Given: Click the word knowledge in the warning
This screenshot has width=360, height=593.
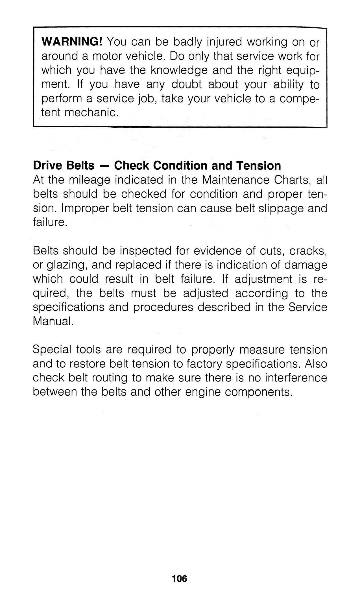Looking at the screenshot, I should (x=178, y=70).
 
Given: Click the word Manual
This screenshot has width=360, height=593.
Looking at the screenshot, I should (x=53, y=322).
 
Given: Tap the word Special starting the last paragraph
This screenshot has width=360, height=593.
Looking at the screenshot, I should (x=52, y=350).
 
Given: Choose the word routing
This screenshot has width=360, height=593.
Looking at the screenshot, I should (x=108, y=378).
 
